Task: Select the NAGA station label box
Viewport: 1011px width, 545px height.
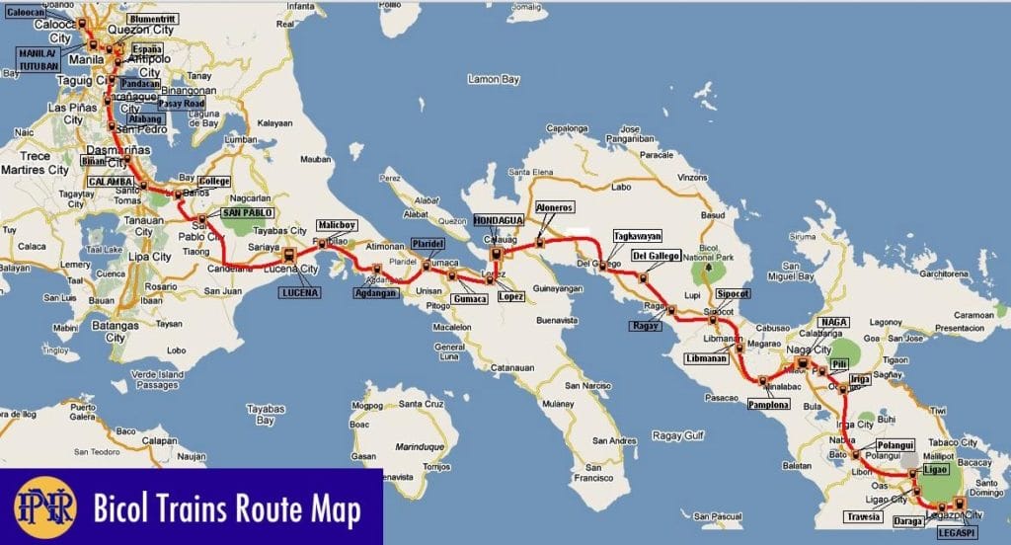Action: [833, 323]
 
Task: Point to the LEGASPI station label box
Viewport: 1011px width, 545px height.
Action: [959, 533]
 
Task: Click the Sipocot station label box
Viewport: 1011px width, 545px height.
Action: [734, 294]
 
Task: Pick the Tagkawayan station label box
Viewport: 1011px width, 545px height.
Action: [637, 237]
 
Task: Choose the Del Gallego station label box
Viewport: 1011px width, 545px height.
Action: [656, 256]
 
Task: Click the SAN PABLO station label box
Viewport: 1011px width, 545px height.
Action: [247, 212]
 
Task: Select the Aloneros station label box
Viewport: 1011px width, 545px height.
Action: [553, 208]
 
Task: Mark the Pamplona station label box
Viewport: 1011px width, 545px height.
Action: [768, 405]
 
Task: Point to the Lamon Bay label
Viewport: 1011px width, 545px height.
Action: [495, 106]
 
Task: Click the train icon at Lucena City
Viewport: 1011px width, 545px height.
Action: [289, 259]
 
